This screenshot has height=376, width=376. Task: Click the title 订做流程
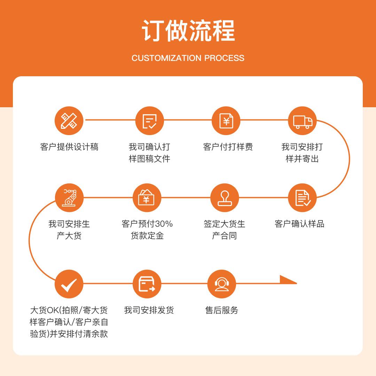(188, 31)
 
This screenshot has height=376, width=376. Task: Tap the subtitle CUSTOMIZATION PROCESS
(188, 58)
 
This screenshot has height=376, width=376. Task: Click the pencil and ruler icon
(69, 121)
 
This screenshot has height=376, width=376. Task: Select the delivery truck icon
(302, 121)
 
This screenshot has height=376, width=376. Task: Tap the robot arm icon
(69, 198)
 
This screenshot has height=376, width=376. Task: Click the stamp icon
(225, 198)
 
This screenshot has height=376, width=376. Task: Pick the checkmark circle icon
(69, 284)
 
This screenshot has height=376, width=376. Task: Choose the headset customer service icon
(221, 284)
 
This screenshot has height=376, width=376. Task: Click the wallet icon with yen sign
(147, 198)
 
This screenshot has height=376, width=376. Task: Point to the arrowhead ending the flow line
(288, 280)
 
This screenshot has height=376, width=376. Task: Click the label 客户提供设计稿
(69, 147)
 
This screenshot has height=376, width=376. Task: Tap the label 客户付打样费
(228, 147)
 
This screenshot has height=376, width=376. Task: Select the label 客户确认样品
(299, 224)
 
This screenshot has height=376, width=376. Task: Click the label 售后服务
(221, 310)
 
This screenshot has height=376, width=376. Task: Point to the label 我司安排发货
(149, 310)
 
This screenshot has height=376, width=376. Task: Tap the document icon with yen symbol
(226, 121)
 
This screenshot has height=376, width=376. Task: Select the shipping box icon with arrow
(147, 284)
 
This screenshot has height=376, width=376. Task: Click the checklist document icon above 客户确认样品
(302, 198)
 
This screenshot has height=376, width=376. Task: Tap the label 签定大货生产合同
(225, 230)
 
